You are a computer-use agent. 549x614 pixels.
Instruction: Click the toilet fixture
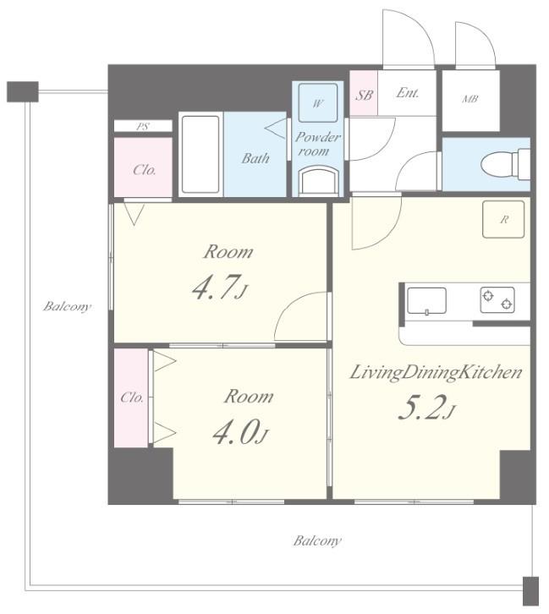(506, 164)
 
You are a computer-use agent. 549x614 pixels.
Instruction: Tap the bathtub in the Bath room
(200, 154)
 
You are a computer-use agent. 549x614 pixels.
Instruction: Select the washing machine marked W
(317, 103)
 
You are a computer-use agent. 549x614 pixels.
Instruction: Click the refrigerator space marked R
(503, 219)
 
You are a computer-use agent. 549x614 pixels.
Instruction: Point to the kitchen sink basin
(426, 301)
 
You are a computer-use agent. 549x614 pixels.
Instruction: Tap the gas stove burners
(497, 299)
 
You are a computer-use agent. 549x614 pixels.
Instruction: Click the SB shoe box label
(364, 95)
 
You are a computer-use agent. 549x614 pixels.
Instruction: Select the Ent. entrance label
(407, 93)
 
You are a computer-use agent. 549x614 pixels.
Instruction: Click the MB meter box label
(469, 99)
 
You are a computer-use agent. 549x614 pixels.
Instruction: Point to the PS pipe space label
(142, 127)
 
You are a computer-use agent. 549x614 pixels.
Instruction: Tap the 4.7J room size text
(220, 288)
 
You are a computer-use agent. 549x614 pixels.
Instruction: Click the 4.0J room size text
(240, 432)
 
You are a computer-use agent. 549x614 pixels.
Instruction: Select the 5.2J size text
(426, 408)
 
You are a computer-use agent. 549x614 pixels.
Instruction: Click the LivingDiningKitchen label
(436, 372)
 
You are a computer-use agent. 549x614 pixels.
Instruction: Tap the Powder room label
(317, 144)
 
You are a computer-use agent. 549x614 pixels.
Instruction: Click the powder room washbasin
(318, 180)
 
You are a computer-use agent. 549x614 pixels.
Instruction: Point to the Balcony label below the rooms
(317, 540)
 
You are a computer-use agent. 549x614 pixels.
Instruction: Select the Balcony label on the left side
(67, 306)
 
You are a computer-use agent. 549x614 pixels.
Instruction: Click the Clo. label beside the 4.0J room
(132, 397)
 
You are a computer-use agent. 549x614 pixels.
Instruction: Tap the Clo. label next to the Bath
(145, 169)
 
